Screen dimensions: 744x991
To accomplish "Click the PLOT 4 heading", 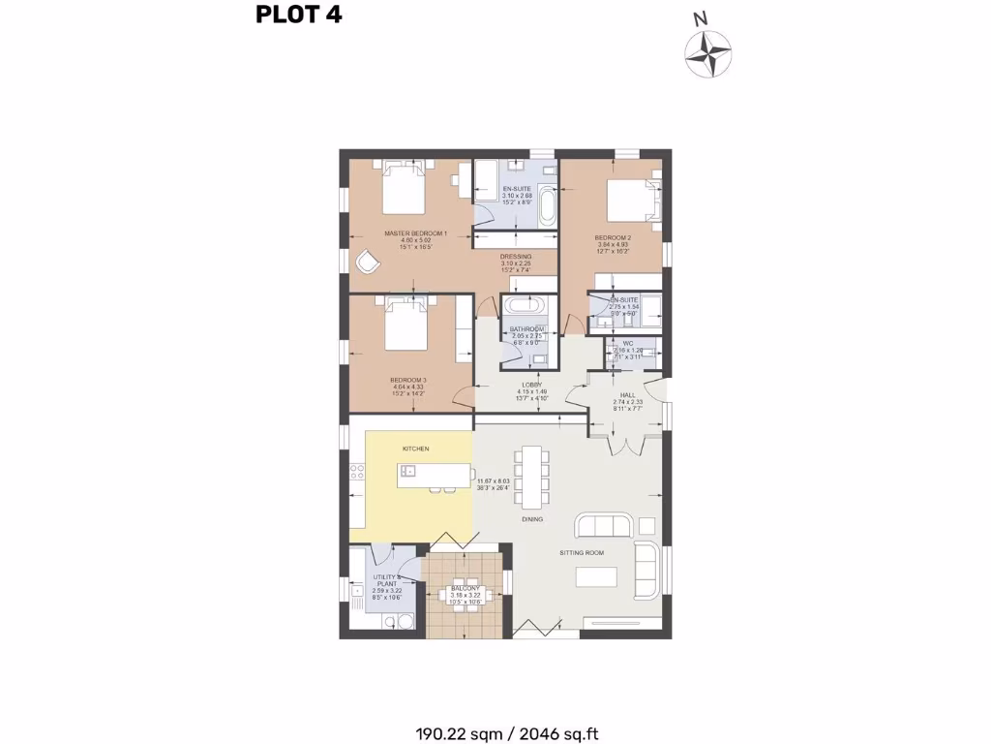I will pyautogui.click(x=298, y=15).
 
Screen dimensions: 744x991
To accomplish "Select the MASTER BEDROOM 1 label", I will pyautogui.click(x=415, y=233).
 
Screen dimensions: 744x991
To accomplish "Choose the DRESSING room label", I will pyautogui.click(x=516, y=257).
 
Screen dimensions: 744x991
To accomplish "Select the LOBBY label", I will pyautogui.click(x=529, y=385).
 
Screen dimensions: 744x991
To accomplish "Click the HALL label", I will pyautogui.click(x=628, y=395).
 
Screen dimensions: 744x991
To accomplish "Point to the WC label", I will pyautogui.click(x=627, y=344).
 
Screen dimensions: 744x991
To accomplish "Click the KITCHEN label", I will pyautogui.click(x=416, y=449).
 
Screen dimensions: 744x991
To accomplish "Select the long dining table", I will pyautogui.click(x=531, y=475).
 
